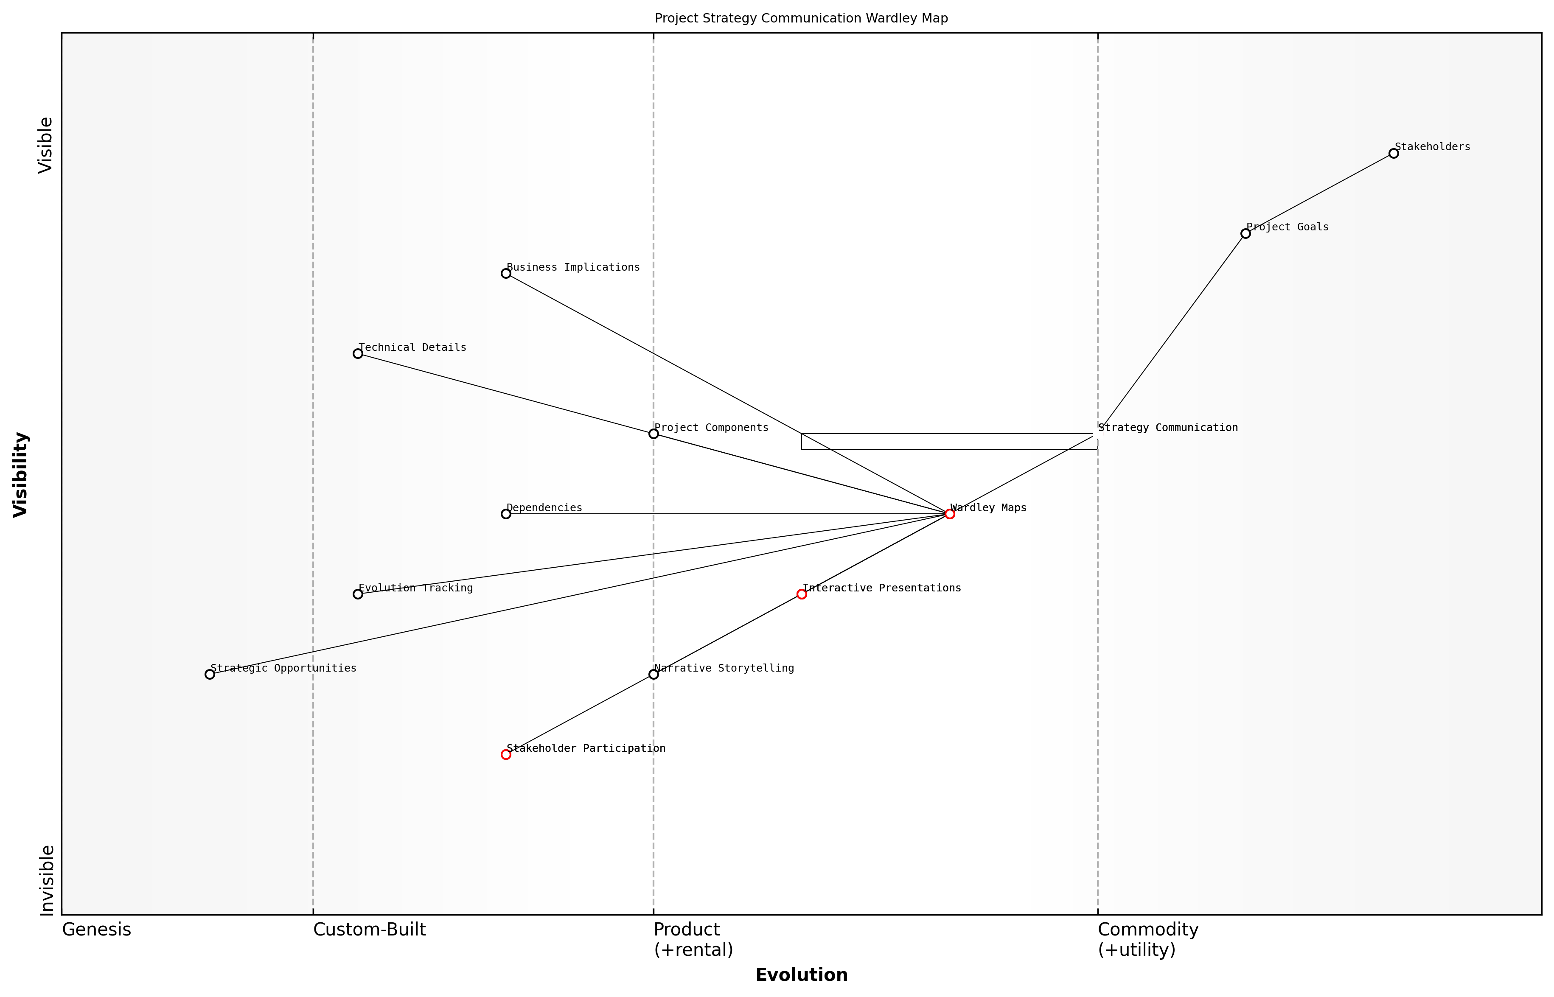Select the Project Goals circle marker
1245,234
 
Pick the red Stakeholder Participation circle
506,754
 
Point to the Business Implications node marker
506,274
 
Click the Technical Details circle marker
357,353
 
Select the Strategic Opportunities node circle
210,675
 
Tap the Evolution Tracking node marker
357,594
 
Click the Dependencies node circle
506,514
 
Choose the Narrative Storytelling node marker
654,675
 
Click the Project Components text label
711,428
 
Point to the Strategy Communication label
1167,428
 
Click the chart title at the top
801,18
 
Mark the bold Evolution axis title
801,975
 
